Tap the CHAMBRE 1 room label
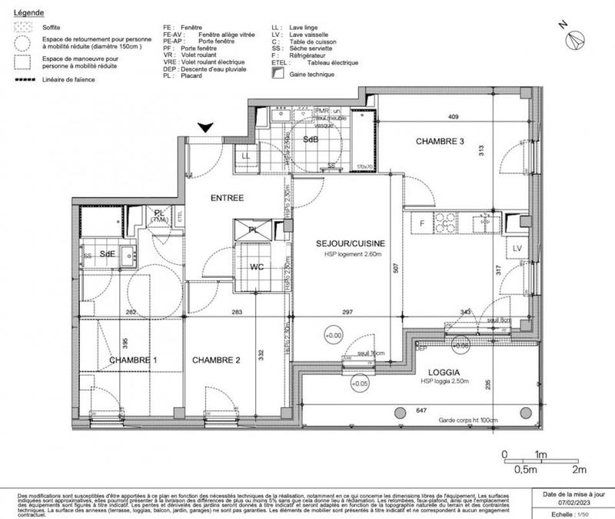[133, 360]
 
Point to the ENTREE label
[228, 198]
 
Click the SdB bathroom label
[311, 139]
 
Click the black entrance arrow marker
[204, 128]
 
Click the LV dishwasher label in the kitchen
[517, 248]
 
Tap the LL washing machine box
[247, 156]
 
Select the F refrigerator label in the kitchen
[422, 223]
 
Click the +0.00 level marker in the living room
[334, 336]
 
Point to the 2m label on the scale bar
[578, 469]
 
